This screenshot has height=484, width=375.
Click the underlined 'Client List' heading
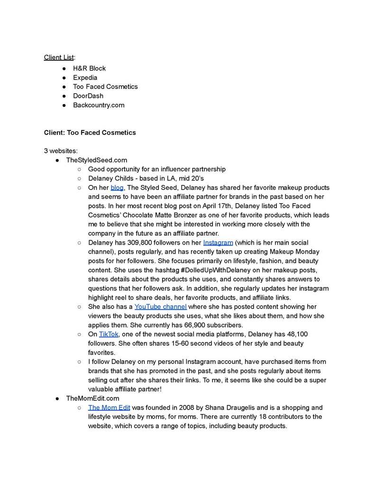pos(59,57)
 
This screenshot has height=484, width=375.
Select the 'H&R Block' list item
pos(89,68)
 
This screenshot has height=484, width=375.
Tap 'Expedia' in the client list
pos(85,78)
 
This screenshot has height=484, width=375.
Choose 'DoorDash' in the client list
pos(88,96)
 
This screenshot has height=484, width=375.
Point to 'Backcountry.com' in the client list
pos(98,105)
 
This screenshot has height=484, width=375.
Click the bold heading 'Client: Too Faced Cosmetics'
pos(90,132)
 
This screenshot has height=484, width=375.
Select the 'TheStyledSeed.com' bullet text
pos(96,160)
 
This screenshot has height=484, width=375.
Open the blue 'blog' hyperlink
pos(117,188)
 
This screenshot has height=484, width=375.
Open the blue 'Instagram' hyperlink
pos(218,243)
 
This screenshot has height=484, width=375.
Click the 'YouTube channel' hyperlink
pos(160,307)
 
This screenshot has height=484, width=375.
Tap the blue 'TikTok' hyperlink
pos(109,334)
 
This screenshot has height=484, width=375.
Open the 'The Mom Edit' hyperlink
pos(109,407)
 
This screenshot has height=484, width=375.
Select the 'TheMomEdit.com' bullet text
pos(92,398)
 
